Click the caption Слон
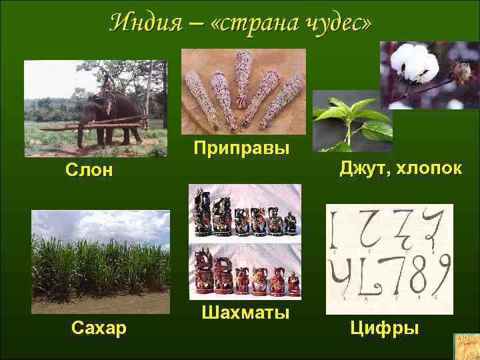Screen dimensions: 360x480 coord(89,171)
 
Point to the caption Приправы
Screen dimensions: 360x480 coord(241,147)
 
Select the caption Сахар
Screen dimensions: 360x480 coord(99,327)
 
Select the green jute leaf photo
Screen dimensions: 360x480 coord(351,121)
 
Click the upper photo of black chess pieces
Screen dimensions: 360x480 coord(245,212)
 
